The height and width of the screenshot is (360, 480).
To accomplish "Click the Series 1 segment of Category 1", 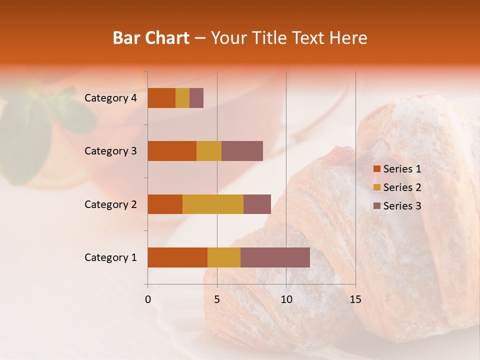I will [177, 257].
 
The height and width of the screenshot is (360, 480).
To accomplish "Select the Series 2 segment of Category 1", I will [224, 257].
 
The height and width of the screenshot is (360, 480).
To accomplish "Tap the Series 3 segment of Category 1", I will [275, 257].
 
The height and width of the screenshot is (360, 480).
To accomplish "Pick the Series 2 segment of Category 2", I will [213, 204].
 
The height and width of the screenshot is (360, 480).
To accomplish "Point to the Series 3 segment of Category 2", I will [257, 204].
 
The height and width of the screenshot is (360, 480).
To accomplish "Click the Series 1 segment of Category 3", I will [172, 151].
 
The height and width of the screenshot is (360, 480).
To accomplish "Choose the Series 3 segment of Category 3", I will [242, 151].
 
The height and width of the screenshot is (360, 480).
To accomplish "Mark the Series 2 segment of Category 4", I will [182, 98].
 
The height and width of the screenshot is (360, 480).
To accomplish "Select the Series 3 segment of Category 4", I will [196, 98].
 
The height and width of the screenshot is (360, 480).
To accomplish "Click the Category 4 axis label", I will [110, 98].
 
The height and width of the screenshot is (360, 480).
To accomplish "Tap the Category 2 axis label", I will [110, 204].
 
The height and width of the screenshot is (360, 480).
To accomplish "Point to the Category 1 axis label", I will [110, 257].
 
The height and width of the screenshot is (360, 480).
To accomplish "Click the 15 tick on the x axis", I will [355, 299].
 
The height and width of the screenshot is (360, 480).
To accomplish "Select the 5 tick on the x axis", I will [217, 299].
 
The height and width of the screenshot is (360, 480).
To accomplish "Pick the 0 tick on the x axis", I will [148, 299].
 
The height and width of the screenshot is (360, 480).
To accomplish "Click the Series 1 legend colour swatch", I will [376, 169].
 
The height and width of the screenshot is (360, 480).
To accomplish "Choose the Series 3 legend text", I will [402, 206].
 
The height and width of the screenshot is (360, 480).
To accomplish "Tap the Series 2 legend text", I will [402, 187].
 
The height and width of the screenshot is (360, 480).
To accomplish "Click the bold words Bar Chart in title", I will [151, 38].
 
